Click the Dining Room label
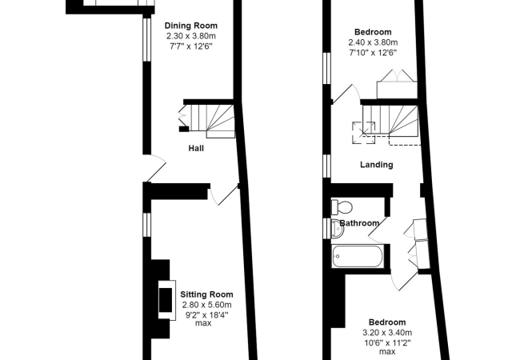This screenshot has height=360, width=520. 191,26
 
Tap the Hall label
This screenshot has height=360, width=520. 196,148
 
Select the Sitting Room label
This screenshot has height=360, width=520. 206,294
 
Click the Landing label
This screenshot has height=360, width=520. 377,165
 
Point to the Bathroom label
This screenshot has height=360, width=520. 359,223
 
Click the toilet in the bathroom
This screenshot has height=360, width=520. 342,207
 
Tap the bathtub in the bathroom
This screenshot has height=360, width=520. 357,256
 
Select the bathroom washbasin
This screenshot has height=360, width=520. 338,229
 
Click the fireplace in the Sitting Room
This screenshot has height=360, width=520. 166,300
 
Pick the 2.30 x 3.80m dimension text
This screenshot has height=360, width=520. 191,36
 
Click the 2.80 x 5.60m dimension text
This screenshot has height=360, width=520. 206,305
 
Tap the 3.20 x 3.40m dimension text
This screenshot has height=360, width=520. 387,333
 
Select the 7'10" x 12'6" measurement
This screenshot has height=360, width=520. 373,53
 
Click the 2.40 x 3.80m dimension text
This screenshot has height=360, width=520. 373,42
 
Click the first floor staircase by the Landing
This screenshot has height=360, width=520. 390,120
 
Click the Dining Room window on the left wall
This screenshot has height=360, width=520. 146,39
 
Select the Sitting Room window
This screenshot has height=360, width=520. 146,225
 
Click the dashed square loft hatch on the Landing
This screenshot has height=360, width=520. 364,133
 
